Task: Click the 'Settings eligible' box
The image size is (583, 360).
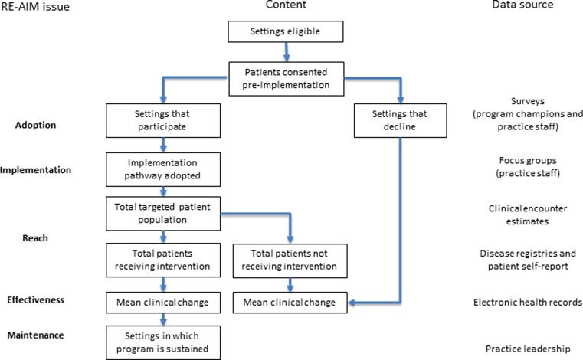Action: (x=285, y=33)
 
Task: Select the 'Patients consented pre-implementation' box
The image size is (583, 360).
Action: (x=285, y=77)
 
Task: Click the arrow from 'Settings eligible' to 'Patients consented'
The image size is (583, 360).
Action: (x=285, y=52)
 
